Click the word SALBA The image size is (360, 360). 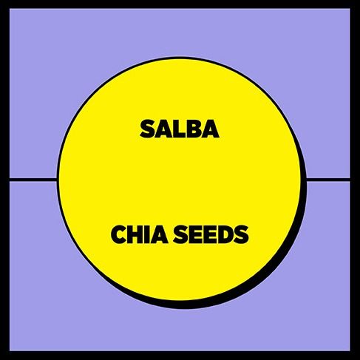180,129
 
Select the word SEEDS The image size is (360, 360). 211,234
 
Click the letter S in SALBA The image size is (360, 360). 147,129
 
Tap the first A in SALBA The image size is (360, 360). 163,129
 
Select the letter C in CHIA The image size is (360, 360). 119,234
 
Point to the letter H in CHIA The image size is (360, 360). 136,234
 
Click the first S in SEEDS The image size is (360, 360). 181,234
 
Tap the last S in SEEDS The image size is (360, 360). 241,234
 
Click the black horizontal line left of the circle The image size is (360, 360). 33,179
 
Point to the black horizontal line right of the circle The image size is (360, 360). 328,179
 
